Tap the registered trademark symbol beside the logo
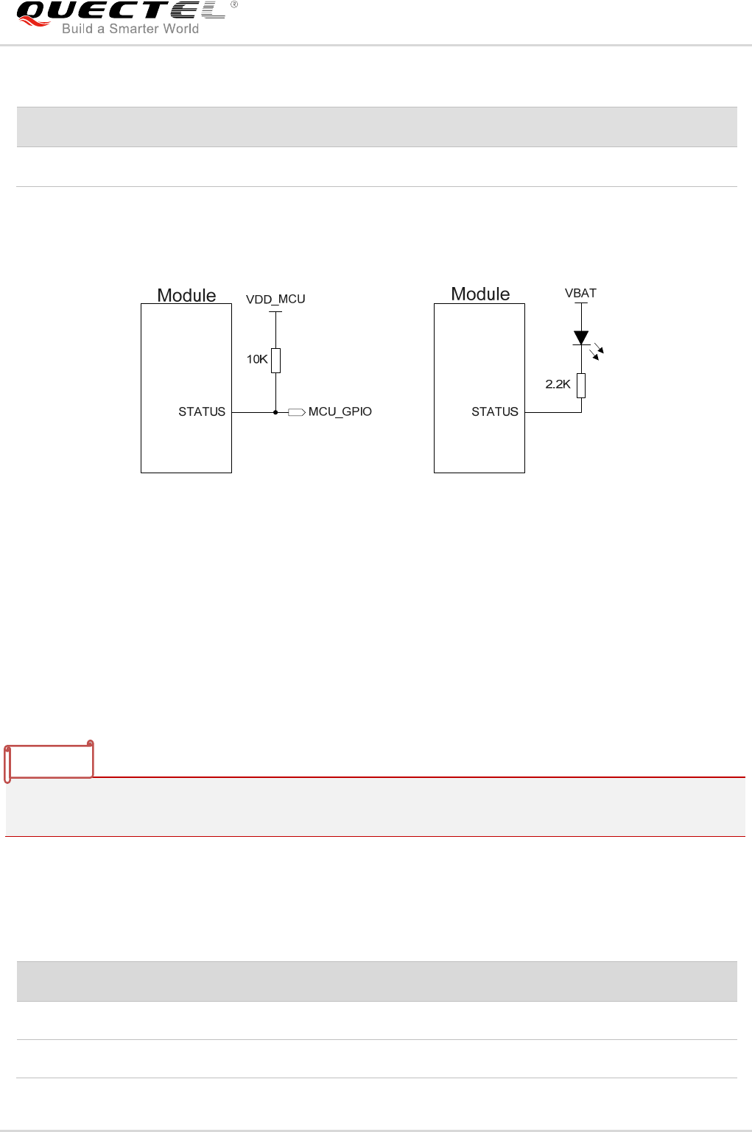(x=234, y=4)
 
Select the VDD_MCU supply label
(x=275, y=300)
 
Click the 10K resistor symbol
(x=276, y=361)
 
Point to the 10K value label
(x=257, y=359)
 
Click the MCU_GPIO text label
(x=340, y=411)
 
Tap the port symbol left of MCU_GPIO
(x=296, y=412)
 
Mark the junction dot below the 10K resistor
(x=276, y=412)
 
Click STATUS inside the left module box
(x=202, y=411)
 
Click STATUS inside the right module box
(x=495, y=411)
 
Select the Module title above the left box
(x=186, y=295)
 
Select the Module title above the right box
(x=480, y=294)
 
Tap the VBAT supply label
(x=580, y=293)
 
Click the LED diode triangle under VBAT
(x=581, y=338)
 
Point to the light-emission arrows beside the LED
(x=597, y=352)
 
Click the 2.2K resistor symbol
(x=581, y=385)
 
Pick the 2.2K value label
(x=558, y=383)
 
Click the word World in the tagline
(x=181, y=29)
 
